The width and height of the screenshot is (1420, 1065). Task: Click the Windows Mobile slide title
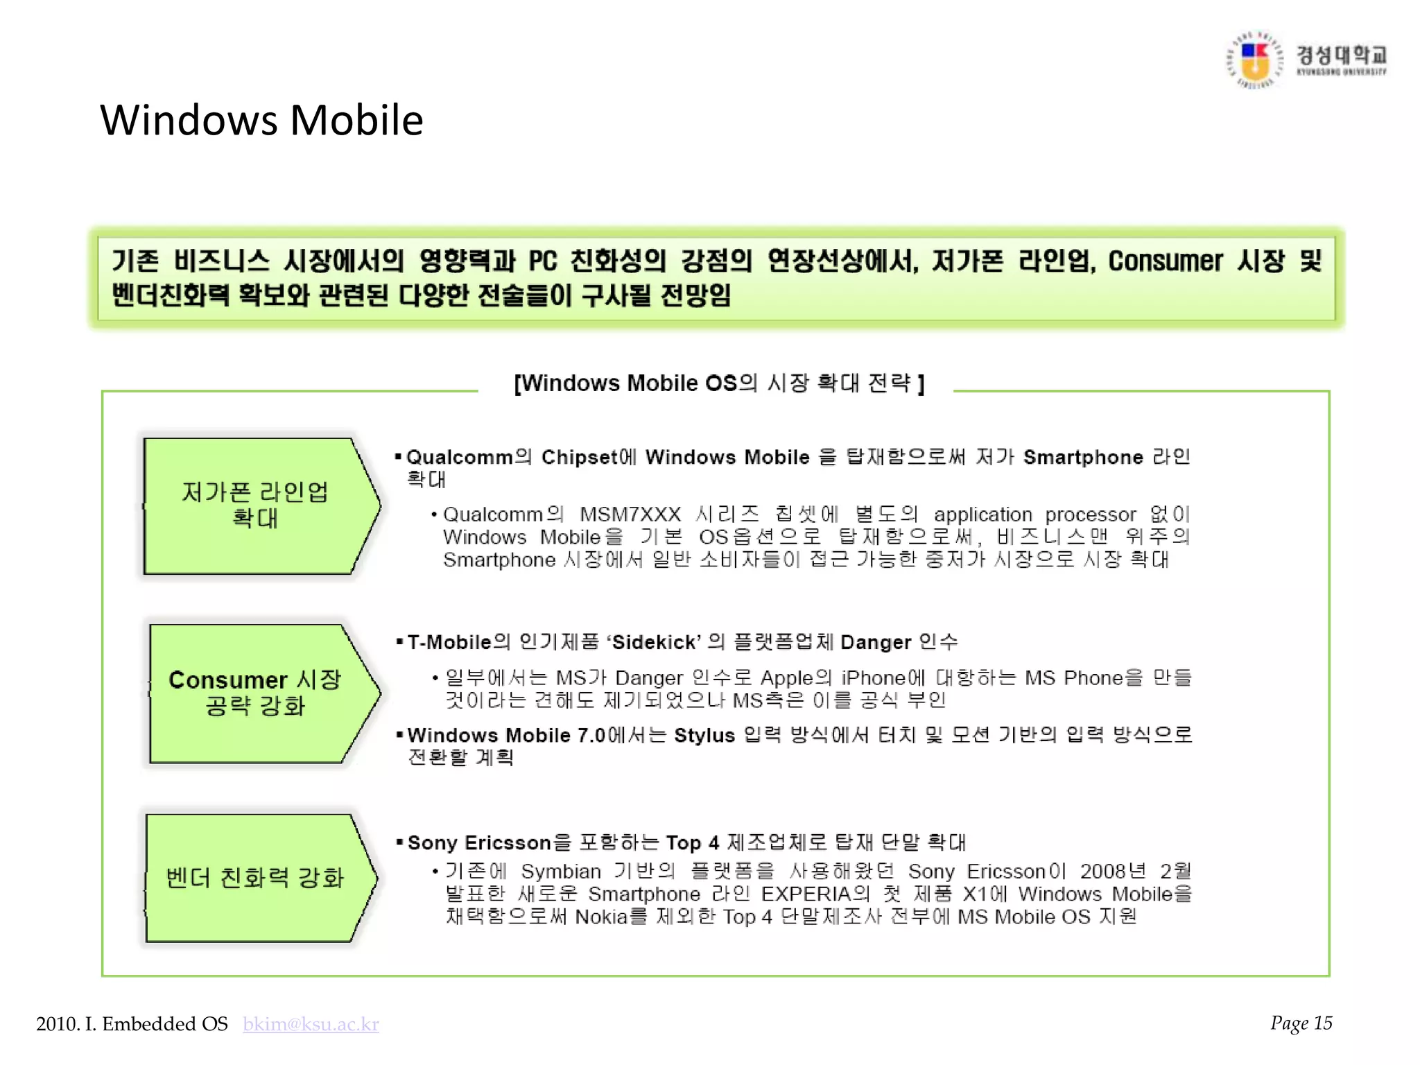261,120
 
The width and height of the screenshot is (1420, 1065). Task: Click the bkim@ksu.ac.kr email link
311,1024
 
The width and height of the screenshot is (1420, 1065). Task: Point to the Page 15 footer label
1301,1023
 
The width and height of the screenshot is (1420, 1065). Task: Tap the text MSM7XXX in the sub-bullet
630,514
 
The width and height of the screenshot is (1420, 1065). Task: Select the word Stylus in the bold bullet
704,736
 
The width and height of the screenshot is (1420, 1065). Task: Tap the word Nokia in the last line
600,917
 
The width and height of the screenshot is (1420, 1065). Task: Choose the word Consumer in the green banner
1165,261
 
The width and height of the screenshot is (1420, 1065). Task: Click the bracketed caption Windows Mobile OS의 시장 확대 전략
718,383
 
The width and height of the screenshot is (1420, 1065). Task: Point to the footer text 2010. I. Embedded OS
132,1024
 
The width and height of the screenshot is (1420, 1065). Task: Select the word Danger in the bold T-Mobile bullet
875,643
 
